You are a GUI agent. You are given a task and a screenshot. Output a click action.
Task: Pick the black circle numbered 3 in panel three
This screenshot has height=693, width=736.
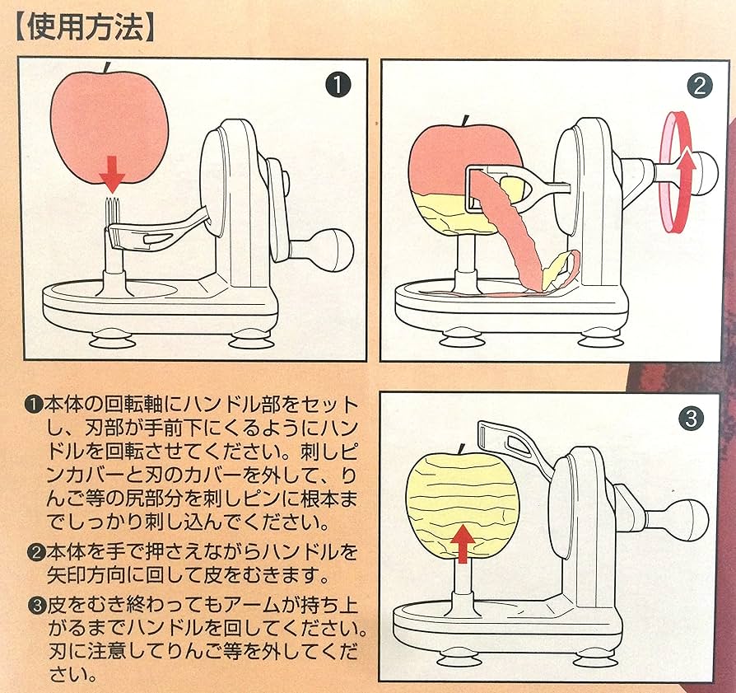692,419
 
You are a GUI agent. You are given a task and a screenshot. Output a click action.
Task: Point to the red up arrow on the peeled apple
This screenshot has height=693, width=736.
463,542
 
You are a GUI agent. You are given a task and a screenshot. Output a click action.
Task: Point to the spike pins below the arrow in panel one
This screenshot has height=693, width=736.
112,210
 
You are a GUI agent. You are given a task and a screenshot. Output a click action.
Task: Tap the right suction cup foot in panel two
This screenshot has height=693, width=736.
599,338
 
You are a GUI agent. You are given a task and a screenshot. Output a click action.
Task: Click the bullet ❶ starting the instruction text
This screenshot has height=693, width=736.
34,405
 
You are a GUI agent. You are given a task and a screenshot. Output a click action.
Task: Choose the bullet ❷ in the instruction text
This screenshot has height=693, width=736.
34,551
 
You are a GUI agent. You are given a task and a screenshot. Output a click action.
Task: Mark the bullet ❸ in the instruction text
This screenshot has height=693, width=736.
34,603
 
